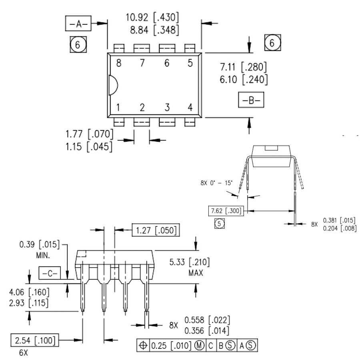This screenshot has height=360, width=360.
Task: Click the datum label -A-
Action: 78,24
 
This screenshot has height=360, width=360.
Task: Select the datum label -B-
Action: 251,100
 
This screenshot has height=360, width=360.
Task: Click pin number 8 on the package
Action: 118,63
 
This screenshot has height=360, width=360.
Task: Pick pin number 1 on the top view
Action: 118,107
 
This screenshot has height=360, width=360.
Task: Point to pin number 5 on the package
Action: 190,63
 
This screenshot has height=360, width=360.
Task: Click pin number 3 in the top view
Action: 167,107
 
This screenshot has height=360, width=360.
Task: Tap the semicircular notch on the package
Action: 113,85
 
